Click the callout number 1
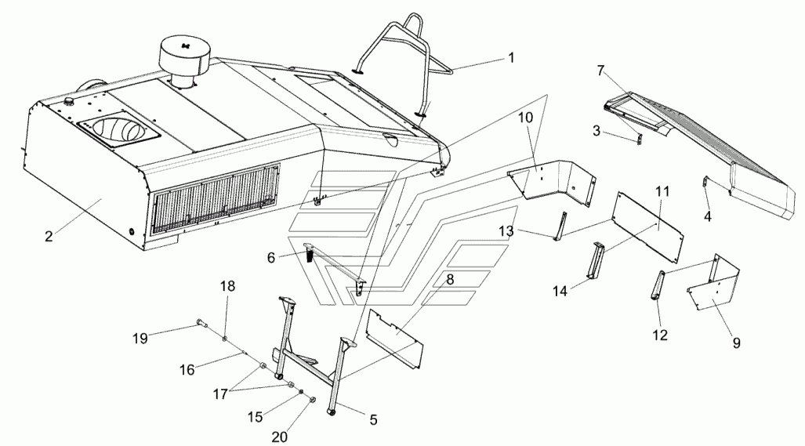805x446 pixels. [x=511, y=57]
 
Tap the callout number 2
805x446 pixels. [x=49, y=237]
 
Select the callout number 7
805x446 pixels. [x=601, y=71]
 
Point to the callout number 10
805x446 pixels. [x=526, y=118]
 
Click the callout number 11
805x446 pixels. [x=663, y=191]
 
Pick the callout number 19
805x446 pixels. [x=140, y=338]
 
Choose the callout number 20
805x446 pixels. [x=279, y=437]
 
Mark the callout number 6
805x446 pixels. [x=271, y=257]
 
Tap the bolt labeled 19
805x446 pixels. [x=201, y=324]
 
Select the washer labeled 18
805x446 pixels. [x=225, y=339]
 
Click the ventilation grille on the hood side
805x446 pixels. [x=215, y=198]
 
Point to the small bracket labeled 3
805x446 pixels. [x=639, y=139]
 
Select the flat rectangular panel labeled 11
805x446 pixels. [x=650, y=227]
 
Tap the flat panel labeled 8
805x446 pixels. [x=394, y=339]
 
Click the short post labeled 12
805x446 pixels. [x=658, y=285]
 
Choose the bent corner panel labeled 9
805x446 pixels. [x=713, y=283]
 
